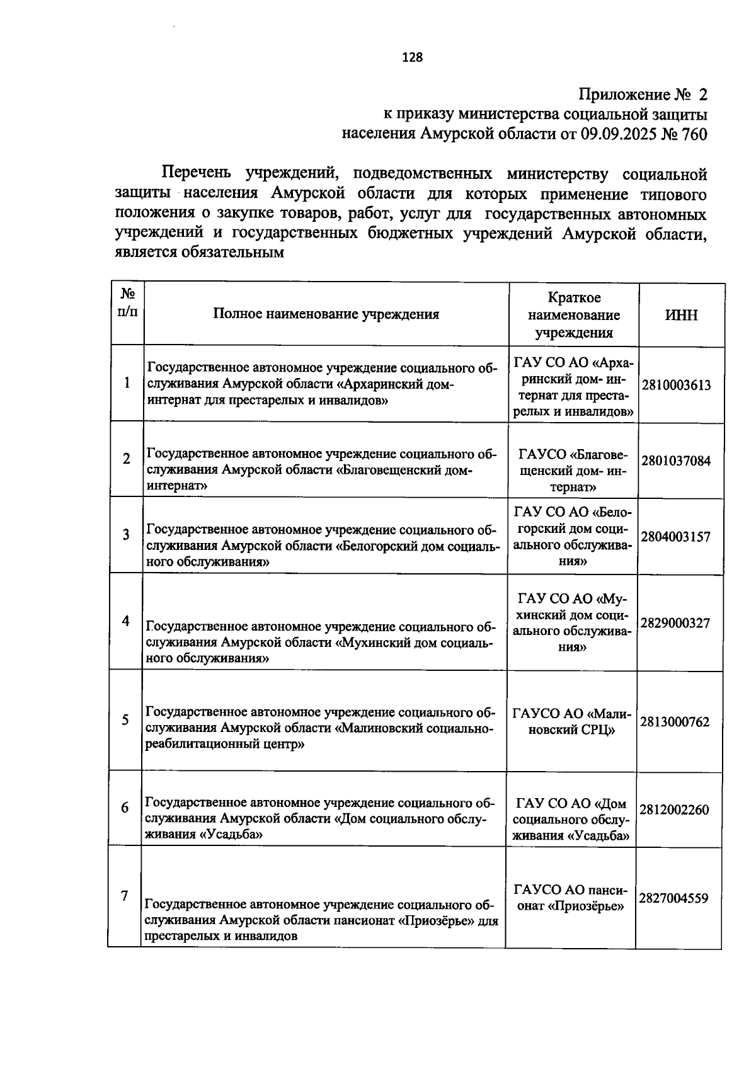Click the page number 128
point(413,57)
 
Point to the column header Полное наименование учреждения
point(326,314)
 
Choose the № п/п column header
point(127,302)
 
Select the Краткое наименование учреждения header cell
point(573,315)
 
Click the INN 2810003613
point(676,385)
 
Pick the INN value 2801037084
point(676,460)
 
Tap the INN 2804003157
point(676,537)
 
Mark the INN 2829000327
point(675,623)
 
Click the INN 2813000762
point(675,721)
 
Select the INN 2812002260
point(674,809)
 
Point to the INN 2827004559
point(673,898)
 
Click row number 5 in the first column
point(125,720)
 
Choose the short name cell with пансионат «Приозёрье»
point(570,898)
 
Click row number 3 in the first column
point(126,535)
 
